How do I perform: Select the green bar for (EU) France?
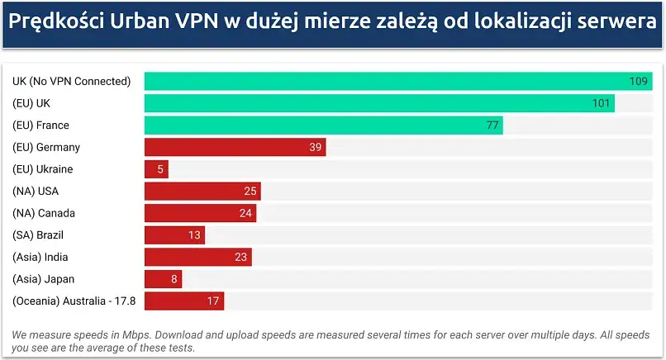pyautogui.click(x=323, y=125)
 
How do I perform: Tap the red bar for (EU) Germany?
pyautogui.click(x=235, y=147)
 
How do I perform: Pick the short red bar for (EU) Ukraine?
pyautogui.click(x=156, y=169)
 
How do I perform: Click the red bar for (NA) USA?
pyautogui.click(x=202, y=192)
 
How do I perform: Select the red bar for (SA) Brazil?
pyautogui.click(x=174, y=235)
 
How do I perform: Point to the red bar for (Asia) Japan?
pyautogui.click(x=163, y=279)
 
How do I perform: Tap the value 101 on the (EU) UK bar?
pyautogui.click(x=601, y=103)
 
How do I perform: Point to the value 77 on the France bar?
pyautogui.click(x=492, y=126)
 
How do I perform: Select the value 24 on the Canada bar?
pyautogui.click(x=245, y=213)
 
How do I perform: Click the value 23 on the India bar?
pyautogui.click(x=241, y=258)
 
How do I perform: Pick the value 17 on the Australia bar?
pyautogui.click(x=213, y=301)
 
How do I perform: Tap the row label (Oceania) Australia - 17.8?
pyautogui.click(x=74, y=301)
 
